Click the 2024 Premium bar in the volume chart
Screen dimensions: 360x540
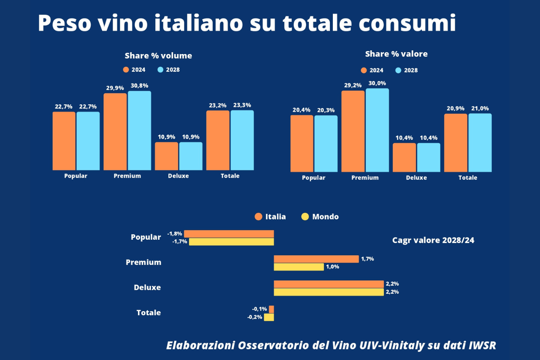click(115, 132)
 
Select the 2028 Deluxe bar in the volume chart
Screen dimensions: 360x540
click(191, 156)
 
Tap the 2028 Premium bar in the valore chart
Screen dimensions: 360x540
click(377, 130)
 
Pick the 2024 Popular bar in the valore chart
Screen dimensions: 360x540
click(302, 143)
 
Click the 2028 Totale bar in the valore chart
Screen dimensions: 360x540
click(480, 143)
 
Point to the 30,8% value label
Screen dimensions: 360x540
click(140, 86)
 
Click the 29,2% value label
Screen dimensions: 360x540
click(353, 85)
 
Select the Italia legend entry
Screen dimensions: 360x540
click(270, 217)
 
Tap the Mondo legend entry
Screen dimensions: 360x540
click(320, 217)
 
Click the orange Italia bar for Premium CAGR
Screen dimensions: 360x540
click(316, 259)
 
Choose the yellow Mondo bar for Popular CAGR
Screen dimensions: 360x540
click(231, 242)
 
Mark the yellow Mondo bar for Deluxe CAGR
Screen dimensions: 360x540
click(329, 292)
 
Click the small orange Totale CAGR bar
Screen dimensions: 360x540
click(271, 309)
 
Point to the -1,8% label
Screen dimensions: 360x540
click(175, 233)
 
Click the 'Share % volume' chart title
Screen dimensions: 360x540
click(158, 56)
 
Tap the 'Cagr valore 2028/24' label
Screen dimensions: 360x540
click(433, 240)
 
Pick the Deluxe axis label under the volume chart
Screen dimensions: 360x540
click(178, 176)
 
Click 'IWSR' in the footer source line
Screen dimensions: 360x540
click(482, 345)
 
